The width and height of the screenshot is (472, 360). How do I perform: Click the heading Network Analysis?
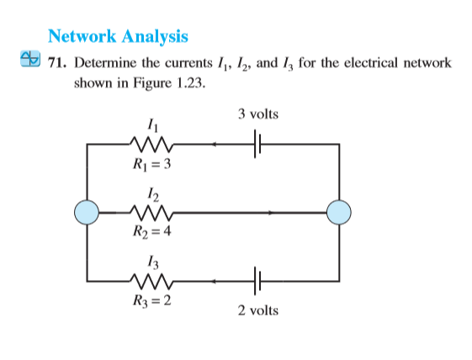(x=118, y=36)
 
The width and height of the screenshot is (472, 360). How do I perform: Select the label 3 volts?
(x=257, y=114)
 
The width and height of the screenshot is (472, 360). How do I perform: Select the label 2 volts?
(x=257, y=311)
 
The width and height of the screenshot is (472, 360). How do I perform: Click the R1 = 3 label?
(x=151, y=163)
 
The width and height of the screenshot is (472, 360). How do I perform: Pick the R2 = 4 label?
(x=151, y=232)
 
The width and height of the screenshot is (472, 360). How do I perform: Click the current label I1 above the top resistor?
(x=151, y=126)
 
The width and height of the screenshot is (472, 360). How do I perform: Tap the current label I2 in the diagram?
(x=151, y=193)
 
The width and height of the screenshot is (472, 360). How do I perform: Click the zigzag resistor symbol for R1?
(x=151, y=145)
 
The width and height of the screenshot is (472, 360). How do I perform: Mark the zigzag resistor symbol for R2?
(x=151, y=213)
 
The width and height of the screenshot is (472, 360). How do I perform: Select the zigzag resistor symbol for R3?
(x=151, y=281)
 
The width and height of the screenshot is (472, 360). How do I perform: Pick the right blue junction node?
(x=339, y=213)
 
